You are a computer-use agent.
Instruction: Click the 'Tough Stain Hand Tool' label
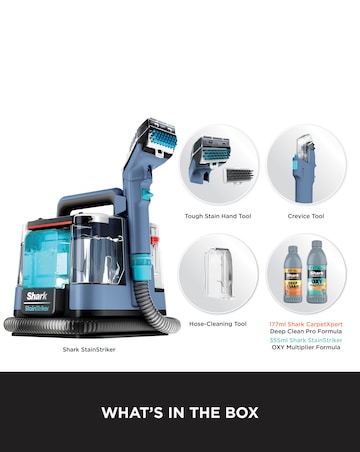pyautogui.click(x=218, y=215)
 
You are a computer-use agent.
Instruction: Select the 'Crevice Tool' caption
pyautogui.click(x=306, y=215)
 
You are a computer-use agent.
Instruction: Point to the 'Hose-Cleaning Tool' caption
pyautogui.click(x=218, y=324)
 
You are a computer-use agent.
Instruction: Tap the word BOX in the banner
pyautogui.click(x=240, y=412)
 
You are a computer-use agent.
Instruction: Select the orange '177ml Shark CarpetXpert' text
pyautogui.click(x=306, y=324)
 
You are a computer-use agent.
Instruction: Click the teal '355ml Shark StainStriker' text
pyautogui.click(x=306, y=340)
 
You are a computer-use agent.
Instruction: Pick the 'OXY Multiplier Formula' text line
pyautogui.click(x=306, y=348)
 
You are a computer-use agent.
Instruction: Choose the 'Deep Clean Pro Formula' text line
pyautogui.click(x=306, y=332)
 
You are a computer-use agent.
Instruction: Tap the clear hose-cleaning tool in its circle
pyautogui.click(x=218, y=272)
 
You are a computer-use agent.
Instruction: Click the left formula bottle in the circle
pyautogui.click(x=294, y=274)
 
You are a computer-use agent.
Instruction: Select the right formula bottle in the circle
pyautogui.click(x=318, y=272)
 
